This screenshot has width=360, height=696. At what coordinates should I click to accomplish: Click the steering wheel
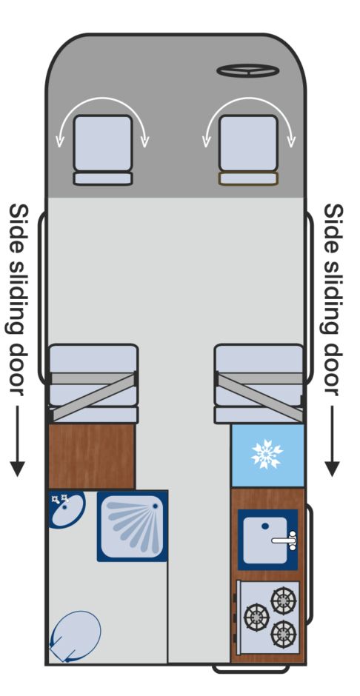pos(247,70)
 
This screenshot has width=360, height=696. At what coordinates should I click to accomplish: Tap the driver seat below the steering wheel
pos(248,150)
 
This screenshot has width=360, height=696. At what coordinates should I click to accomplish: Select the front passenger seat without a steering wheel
pos(103,150)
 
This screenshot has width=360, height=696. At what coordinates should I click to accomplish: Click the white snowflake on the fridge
pos(267,454)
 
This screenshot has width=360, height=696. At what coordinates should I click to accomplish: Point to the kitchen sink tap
pos(285,541)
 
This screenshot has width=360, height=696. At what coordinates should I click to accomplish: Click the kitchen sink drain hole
pos(265,526)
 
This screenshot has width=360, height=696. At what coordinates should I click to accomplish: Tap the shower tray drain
pos(155,506)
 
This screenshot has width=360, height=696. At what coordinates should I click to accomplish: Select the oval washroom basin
pos(67,509)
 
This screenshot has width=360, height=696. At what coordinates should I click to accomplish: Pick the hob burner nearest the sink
pos(283,600)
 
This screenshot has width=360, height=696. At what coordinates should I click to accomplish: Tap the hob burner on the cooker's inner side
pos(256,617)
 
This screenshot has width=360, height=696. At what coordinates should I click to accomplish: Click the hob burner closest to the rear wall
pos(283,633)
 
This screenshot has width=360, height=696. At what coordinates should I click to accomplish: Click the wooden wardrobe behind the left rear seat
pos(91,456)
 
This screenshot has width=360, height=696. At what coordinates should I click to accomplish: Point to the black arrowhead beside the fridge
pos(332,468)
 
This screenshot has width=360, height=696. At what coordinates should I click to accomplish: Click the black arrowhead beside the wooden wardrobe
pos(17,468)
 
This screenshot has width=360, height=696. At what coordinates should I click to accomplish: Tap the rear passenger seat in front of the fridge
pos(259,384)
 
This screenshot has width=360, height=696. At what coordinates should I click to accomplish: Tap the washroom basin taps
pos(59,498)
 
